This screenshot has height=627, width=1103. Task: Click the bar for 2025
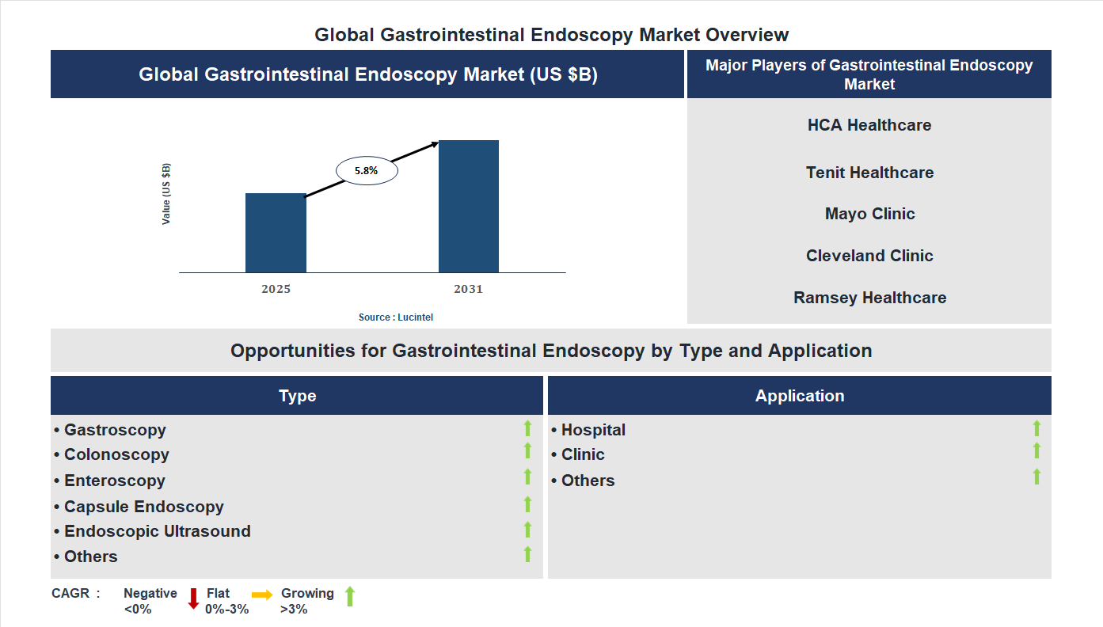click(276, 233)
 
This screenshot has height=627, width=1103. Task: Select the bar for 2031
click(469, 207)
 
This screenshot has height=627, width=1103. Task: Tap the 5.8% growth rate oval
click(367, 170)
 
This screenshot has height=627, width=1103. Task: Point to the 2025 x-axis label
click(276, 289)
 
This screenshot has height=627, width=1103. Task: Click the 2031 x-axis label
click(468, 289)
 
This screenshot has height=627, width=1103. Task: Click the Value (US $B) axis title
click(166, 194)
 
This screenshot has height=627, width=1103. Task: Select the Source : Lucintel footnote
click(396, 317)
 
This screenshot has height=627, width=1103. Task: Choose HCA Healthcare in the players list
click(869, 125)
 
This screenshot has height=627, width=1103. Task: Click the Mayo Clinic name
click(869, 214)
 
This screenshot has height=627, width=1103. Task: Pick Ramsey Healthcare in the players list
click(869, 298)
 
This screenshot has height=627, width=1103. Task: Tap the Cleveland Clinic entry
click(869, 256)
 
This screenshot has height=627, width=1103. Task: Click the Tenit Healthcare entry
click(869, 173)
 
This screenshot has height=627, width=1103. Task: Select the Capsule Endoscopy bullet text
click(144, 507)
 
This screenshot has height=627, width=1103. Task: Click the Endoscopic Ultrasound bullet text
click(158, 531)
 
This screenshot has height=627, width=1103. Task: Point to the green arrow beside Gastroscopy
click(527, 428)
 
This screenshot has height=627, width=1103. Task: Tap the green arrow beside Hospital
click(1036, 428)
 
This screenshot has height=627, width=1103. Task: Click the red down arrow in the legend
click(193, 598)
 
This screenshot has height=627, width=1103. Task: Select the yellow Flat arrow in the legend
click(262, 595)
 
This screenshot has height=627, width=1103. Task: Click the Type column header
click(297, 396)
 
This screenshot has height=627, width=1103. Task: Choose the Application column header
click(799, 396)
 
